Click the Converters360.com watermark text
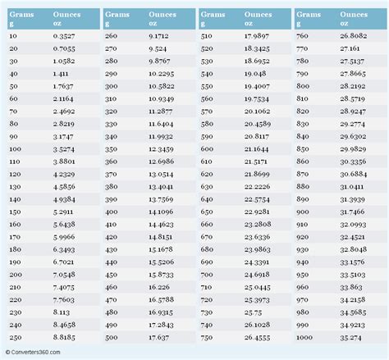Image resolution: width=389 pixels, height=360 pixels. click(35, 353)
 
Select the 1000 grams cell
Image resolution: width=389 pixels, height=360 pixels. click(303, 336)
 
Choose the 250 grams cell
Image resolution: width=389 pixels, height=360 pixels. click(14, 336)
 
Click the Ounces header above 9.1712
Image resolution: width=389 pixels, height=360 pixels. click(161, 15)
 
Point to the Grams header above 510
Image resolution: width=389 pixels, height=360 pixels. click(213, 15)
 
